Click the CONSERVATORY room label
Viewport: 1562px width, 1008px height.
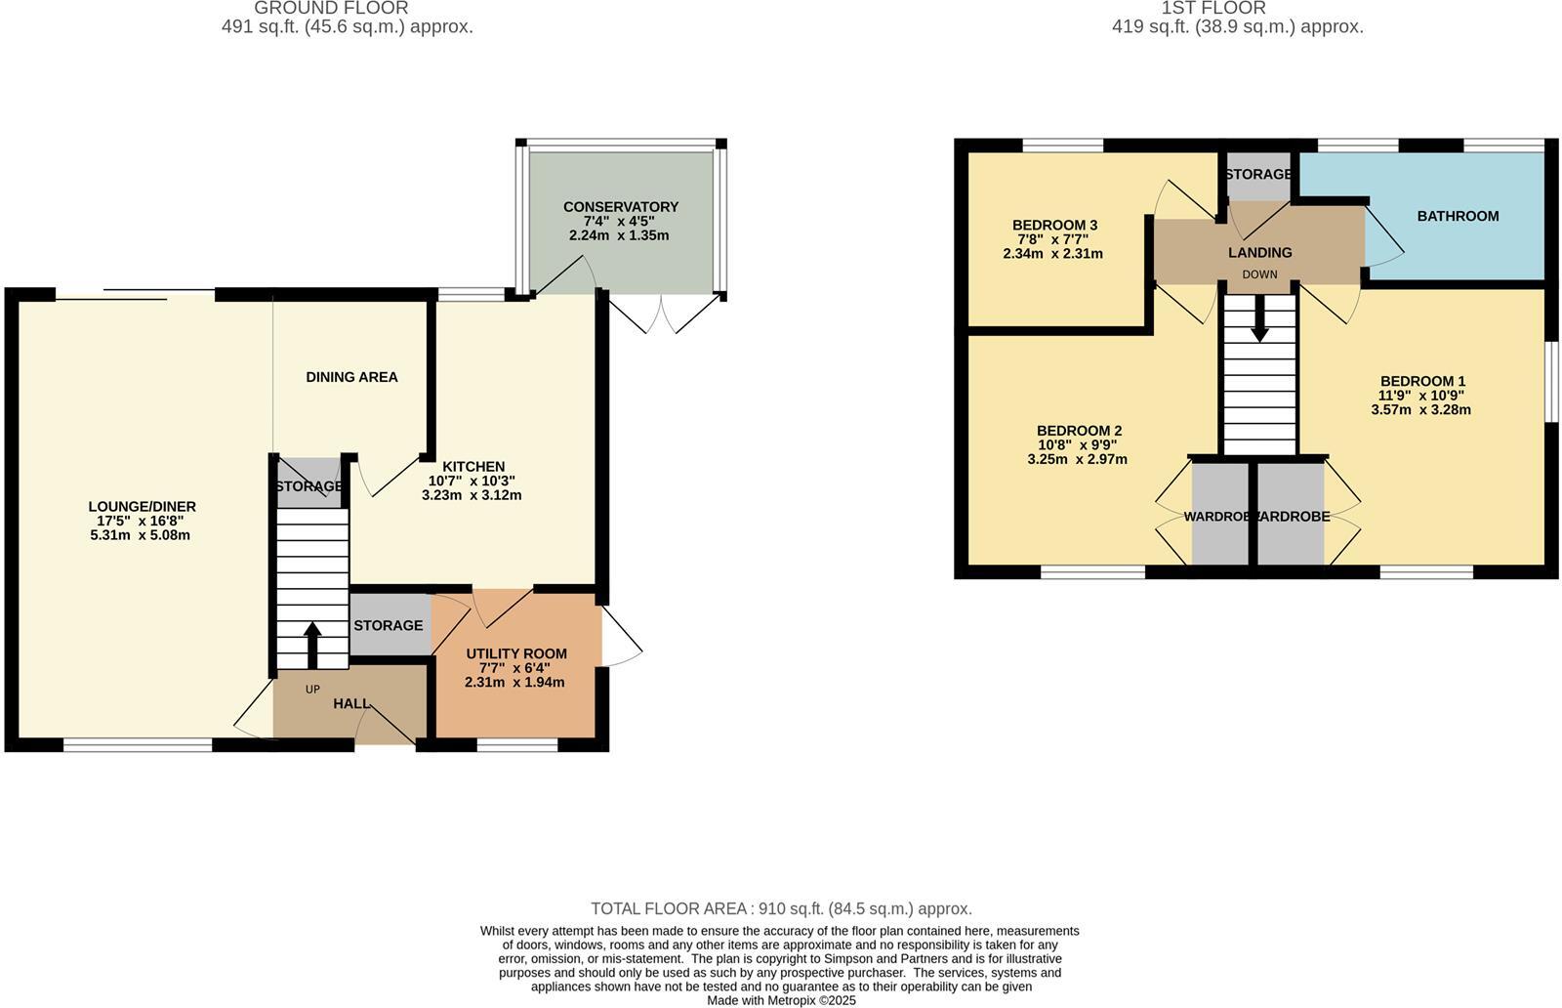click(x=620, y=207)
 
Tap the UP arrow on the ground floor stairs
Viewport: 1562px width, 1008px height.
click(x=312, y=646)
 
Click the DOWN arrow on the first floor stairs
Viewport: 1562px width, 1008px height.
click(x=1259, y=319)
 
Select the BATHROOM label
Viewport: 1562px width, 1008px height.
click(x=1458, y=216)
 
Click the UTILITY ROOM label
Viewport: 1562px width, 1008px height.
click(x=515, y=653)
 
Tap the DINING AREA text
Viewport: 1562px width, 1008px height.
click(x=351, y=377)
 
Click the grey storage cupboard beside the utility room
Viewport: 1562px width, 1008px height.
click(x=388, y=625)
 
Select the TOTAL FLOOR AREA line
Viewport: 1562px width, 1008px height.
click(x=781, y=908)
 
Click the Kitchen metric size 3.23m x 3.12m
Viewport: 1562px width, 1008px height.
click(x=472, y=495)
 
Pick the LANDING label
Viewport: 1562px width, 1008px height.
click(x=1259, y=252)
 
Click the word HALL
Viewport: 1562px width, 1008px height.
click(x=351, y=703)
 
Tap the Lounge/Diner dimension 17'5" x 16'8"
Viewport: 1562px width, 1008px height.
click(x=141, y=521)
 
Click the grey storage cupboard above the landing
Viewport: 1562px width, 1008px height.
click(x=1257, y=175)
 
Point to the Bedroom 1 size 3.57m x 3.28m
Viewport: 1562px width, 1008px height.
click(x=1420, y=410)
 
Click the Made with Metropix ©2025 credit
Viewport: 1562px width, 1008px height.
click(x=781, y=1000)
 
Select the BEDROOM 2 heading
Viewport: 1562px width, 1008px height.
click(x=1079, y=431)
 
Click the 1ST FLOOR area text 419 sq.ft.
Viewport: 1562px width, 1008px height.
click(x=1237, y=27)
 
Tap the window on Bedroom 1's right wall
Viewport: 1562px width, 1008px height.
click(x=1550, y=381)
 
